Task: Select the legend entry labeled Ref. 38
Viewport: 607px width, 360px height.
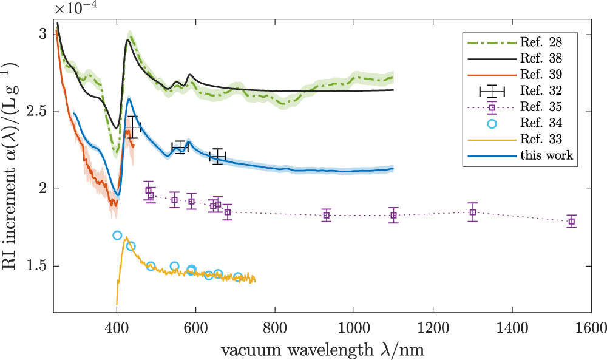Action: pyautogui.click(x=535, y=59)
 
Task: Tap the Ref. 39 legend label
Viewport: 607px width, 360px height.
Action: pyautogui.click(x=535, y=75)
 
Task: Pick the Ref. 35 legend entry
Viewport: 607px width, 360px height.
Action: pyautogui.click(x=535, y=108)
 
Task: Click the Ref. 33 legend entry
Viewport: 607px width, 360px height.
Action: pyautogui.click(x=535, y=140)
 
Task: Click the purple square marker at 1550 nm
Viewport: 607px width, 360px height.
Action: pyautogui.click(x=571, y=222)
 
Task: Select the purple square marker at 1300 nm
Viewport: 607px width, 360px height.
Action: pyautogui.click(x=472, y=212)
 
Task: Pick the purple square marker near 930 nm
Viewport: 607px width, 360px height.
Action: pyautogui.click(x=326, y=216)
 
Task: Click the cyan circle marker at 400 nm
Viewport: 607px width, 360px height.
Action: pyautogui.click(x=117, y=235)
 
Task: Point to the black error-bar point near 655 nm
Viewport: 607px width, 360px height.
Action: pyautogui.click(x=217, y=157)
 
